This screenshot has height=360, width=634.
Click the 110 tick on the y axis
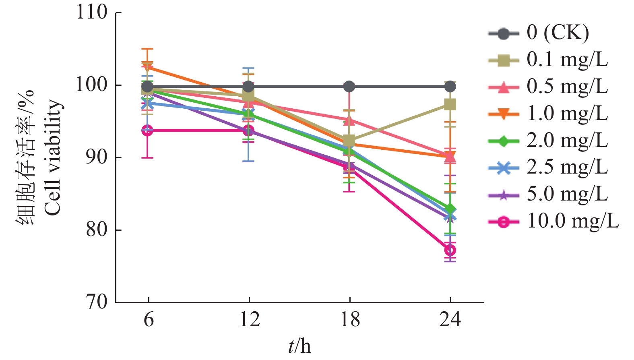coord(92,12)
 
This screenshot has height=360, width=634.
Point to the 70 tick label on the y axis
coord(97,302)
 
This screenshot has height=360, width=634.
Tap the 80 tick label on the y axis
coord(97,230)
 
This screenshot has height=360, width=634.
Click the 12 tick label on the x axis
coord(249,319)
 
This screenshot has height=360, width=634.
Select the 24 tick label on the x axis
coord(450,319)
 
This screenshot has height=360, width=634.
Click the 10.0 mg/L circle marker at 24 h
coord(450,250)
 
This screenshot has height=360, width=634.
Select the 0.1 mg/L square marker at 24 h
coord(450,105)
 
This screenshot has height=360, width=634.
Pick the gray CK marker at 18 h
coord(349,87)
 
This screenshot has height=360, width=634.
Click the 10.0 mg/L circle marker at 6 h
coord(148,130)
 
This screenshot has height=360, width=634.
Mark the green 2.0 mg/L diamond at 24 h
coord(450,210)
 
